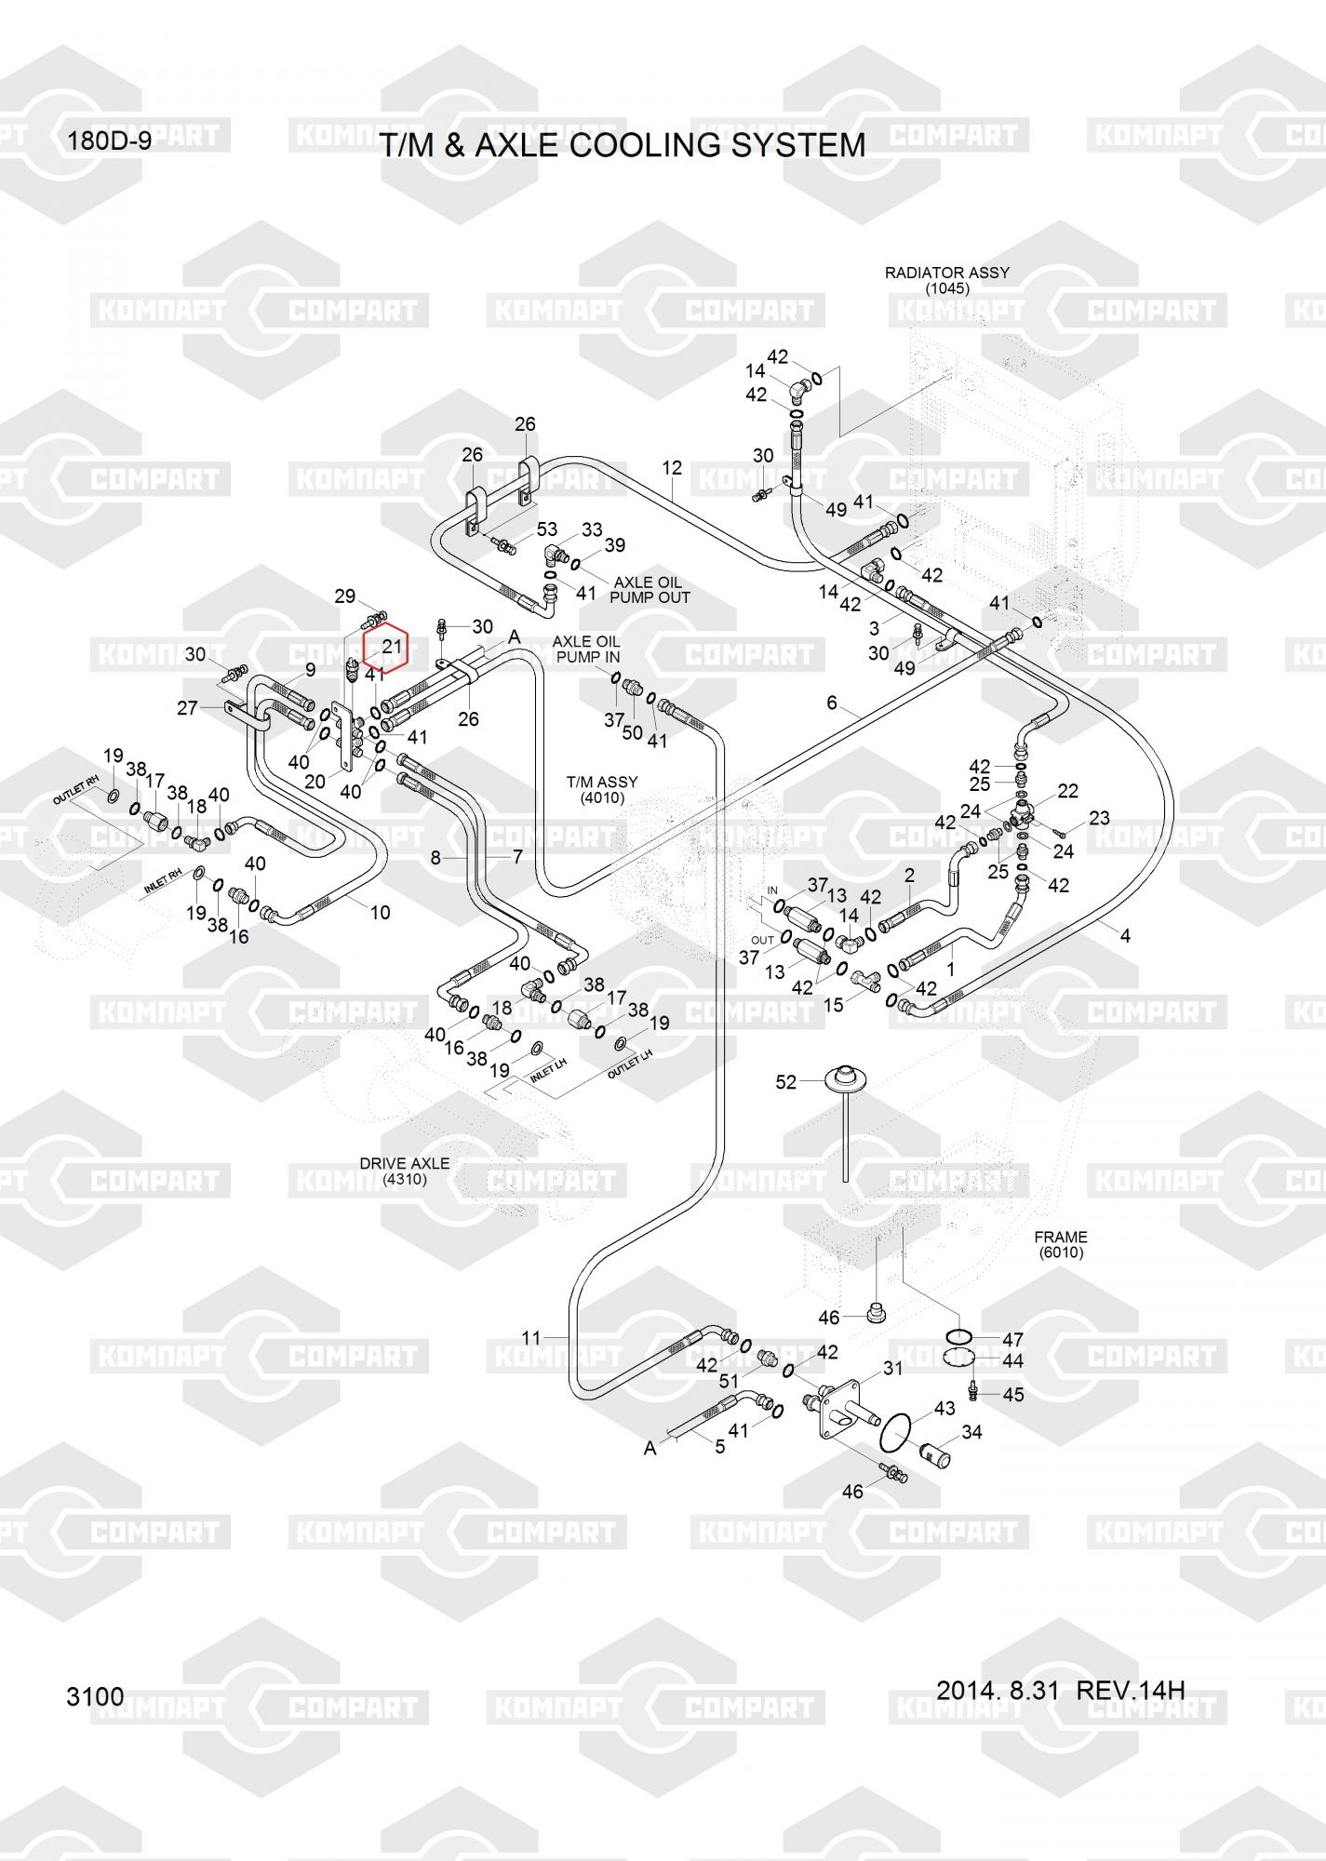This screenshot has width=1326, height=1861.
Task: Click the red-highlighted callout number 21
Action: [x=392, y=646]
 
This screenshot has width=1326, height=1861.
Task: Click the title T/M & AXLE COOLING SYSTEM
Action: [x=623, y=145]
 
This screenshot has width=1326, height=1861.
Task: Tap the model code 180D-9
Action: [x=109, y=141]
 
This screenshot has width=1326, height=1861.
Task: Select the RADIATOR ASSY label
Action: [x=946, y=273]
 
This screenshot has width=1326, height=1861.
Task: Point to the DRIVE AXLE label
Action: [x=405, y=1163]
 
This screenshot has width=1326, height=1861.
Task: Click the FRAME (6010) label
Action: [x=1061, y=1244]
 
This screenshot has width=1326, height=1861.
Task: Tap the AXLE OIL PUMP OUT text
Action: [x=650, y=590]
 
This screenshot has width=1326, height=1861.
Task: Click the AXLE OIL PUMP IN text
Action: [x=586, y=649]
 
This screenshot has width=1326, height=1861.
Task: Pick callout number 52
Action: [x=786, y=1082]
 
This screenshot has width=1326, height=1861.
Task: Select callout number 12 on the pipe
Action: [x=672, y=468]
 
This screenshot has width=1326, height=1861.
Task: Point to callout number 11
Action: [x=530, y=1338]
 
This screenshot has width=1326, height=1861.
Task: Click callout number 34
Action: [x=971, y=1432]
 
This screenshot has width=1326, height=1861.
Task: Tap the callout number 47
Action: [x=1012, y=1340]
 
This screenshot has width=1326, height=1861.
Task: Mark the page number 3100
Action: [x=95, y=1696]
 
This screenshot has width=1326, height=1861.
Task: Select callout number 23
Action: [x=1099, y=818]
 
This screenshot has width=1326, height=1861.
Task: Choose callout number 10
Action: [x=380, y=913]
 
